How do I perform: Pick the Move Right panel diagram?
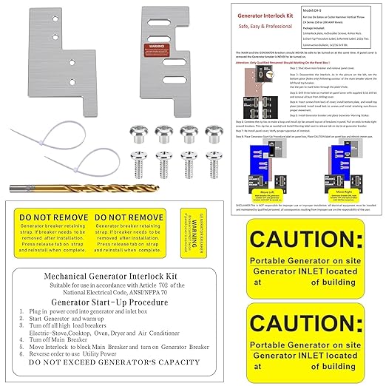(345, 175)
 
